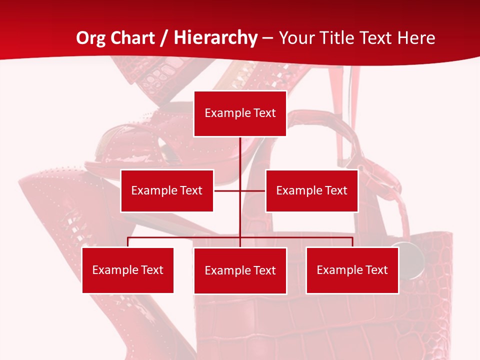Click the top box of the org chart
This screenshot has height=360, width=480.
coord(240,113)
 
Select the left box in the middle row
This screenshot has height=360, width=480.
coord(167,190)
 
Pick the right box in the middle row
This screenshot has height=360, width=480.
coord(311,190)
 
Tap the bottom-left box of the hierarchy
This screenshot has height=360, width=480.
coord(127,270)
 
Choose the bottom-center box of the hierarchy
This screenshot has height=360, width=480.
coord(240,270)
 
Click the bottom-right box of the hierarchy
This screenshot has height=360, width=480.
coord(352,270)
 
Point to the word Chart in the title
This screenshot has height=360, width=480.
coord(132,38)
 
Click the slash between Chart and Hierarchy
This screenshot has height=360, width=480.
coord(163,38)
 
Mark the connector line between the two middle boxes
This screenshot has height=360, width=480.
coord(227,190)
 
